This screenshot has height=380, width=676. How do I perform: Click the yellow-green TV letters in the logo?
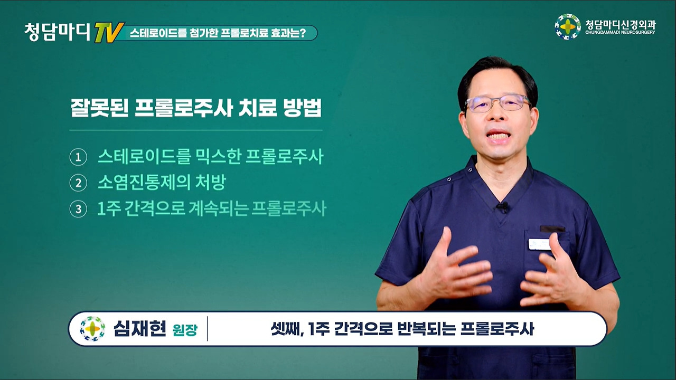(109, 33)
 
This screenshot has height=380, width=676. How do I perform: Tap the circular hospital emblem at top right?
(568, 27)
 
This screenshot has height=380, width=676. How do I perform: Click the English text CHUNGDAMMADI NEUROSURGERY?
(621, 32)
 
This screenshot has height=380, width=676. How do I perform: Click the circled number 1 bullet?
(79, 157)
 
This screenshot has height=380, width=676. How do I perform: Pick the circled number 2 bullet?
(79, 183)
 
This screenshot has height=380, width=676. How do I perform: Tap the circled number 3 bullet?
(79, 209)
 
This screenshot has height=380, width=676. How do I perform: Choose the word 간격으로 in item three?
(155, 208)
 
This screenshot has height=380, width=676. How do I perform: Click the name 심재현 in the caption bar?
(140, 329)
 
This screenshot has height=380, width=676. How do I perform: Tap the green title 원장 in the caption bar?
(185, 330)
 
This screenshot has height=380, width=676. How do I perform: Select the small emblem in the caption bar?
(92, 329)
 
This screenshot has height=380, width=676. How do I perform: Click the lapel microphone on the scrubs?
(502, 207)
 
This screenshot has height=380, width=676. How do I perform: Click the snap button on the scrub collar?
(449, 179)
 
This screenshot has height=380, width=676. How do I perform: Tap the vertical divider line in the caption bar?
(208, 329)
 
